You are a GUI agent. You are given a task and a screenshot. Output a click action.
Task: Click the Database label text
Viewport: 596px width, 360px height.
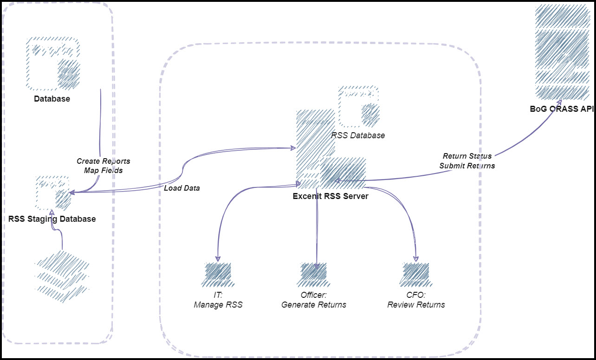(x=52, y=99)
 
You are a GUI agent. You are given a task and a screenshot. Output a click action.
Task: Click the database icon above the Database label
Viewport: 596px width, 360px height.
(x=52, y=64)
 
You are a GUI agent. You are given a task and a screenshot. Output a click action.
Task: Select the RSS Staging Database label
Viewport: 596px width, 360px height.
(x=52, y=219)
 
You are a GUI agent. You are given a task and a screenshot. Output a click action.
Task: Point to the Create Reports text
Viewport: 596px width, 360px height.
(x=103, y=161)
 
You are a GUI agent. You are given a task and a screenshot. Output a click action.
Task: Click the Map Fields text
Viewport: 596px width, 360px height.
(x=103, y=170)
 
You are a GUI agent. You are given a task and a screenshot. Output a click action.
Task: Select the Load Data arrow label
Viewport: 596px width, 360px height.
(x=181, y=188)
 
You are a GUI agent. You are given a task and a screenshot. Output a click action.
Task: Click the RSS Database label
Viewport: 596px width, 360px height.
(x=358, y=135)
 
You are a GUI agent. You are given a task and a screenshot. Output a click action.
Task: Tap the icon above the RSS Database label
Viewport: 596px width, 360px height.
(x=358, y=106)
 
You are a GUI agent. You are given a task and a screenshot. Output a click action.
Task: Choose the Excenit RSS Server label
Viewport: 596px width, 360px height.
(x=330, y=196)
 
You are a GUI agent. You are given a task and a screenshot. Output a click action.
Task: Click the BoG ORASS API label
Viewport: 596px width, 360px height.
(x=562, y=109)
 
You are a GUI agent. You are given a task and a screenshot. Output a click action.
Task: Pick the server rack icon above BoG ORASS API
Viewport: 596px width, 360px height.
(x=562, y=51)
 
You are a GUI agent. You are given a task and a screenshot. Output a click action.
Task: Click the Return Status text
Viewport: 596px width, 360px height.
(x=467, y=156)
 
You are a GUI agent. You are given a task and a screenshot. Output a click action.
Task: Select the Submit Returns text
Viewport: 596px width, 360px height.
(x=467, y=166)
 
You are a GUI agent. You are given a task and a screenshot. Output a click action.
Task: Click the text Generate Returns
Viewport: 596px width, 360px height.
(x=314, y=305)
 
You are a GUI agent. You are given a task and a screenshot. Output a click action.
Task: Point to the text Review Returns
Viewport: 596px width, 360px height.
(x=416, y=305)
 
